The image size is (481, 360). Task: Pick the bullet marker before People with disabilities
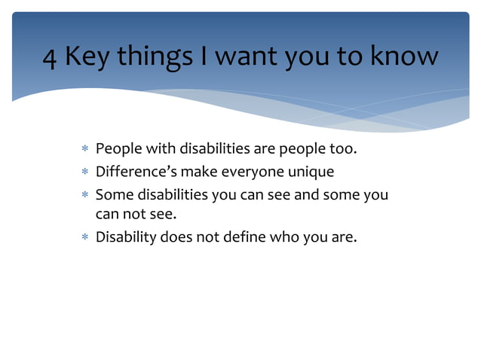pos(85,150)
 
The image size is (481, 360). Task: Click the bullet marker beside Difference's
pos(85,172)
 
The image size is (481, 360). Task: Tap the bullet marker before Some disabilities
pos(85,195)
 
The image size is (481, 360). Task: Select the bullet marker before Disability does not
pos(85,238)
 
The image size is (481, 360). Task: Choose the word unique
pos(308,172)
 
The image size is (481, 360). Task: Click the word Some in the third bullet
pos(113,194)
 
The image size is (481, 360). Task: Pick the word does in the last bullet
pos(176,237)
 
